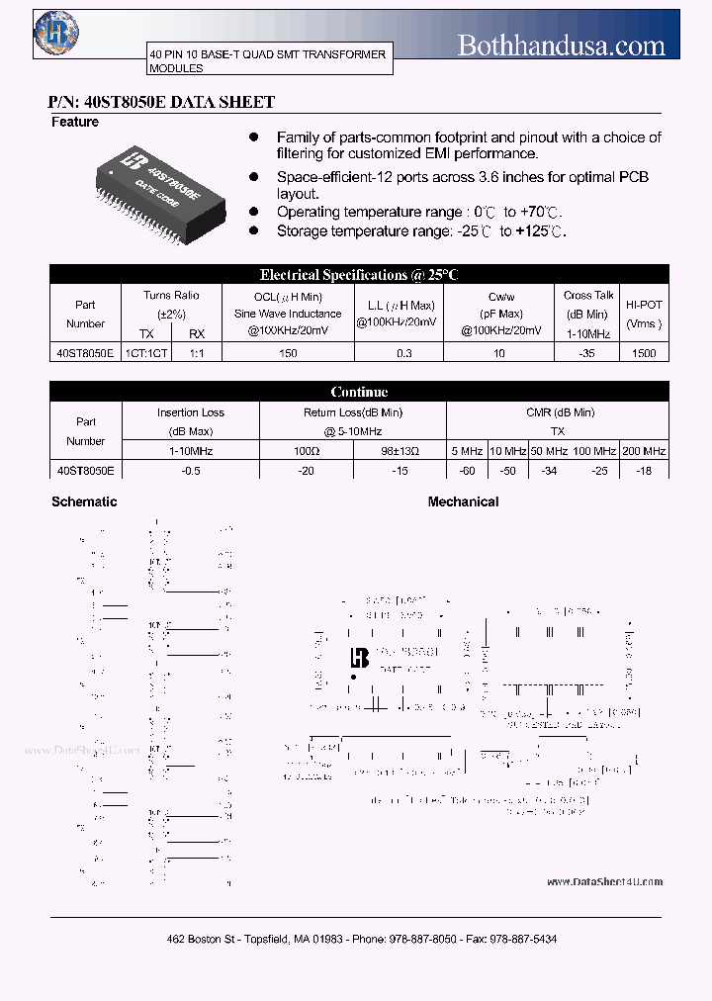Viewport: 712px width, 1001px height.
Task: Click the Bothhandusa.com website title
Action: [x=561, y=45]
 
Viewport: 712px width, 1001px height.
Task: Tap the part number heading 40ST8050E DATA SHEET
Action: [x=161, y=102]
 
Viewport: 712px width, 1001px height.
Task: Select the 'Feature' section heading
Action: [x=75, y=123]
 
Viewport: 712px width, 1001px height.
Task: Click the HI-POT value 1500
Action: [x=643, y=353]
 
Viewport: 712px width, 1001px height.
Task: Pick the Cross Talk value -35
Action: [x=588, y=353]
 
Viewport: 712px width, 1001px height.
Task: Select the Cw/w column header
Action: [x=501, y=297]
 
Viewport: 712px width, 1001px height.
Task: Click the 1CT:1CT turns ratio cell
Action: [x=145, y=353]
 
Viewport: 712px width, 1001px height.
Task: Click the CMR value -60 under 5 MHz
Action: [x=466, y=471]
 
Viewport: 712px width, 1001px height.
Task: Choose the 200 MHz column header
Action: [x=644, y=451]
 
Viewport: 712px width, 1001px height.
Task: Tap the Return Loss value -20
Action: [x=306, y=471]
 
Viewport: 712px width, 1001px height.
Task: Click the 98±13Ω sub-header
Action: [x=400, y=451]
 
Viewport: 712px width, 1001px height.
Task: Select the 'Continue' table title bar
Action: [x=359, y=393]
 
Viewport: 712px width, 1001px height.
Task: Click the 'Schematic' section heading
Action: [x=84, y=502]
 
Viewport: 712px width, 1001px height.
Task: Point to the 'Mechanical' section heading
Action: [x=463, y=502]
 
